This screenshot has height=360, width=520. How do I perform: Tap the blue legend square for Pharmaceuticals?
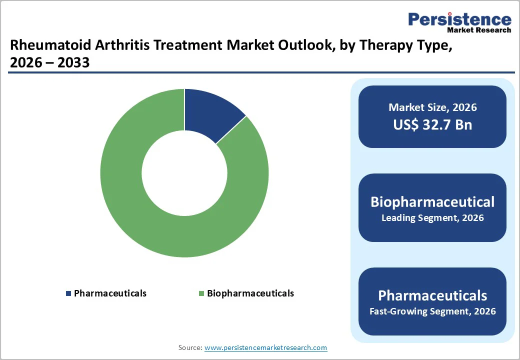[x=69, y=293]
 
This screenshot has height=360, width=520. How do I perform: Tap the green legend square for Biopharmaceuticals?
[x=201, y=293]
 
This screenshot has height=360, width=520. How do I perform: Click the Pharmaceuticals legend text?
[x=110, y=293]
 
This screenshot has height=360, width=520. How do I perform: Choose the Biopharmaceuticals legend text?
[x=250, y=293]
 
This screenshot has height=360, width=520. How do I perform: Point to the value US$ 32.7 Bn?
[x=432, y=124]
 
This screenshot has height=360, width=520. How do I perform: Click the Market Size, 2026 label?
[x=432, y=107]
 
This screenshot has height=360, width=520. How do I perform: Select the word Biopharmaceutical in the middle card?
[x=432, y=201]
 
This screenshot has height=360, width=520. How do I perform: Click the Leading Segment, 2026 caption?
[x=432, y=218]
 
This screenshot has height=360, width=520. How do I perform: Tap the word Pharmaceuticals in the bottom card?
[x=432, y=295]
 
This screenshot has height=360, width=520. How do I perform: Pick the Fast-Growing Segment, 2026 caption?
[x=432, y=311]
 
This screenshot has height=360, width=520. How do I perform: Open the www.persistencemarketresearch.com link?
[x=265, y=347]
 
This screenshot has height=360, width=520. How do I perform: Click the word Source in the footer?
[x=189, y=347]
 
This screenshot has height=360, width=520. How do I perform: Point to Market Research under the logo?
[x=478, y=30]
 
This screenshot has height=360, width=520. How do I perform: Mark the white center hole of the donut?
[x=184, y=173]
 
